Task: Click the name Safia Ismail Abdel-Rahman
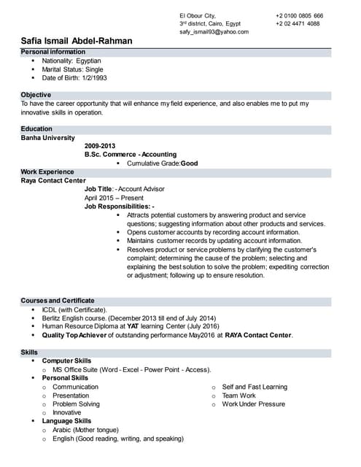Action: pyautogui.click(x=77, y=41)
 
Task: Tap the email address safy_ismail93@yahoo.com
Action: pyautogui.click(x=214, y=32)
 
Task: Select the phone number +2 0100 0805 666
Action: pyautogui.click(x=299, y=15)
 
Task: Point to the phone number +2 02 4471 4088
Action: pyautogui.click(x=298, y=23)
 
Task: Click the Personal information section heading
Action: pyautogui.click(x=53, y=53)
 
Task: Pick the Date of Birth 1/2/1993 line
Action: pyautogui.click(x=74, y=77)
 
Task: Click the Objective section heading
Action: pyautogui.click(x=36, y=95)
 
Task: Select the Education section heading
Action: pyautogui.click(x=36, y=129)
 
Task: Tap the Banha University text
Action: pyautogui.click(x=47, y=138)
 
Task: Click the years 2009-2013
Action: pyautogui.click(x=100, y=146)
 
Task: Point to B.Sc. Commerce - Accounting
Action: pyautogui.click(x=131, y=155)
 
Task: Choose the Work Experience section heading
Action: pyautogui.click(x=47, y=171)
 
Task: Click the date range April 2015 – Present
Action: pyautogui.click(x=114, y=198)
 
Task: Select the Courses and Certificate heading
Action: pyautogui.click(x=58, y=301)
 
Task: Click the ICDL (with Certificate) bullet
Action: pyautogui.click(x=74, y=309)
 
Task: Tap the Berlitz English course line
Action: pyautogui.click(x=129, y=318)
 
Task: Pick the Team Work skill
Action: pyautogui.click(x=239, y=395)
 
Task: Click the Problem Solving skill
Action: pyautogui.click(x=76, y=404)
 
